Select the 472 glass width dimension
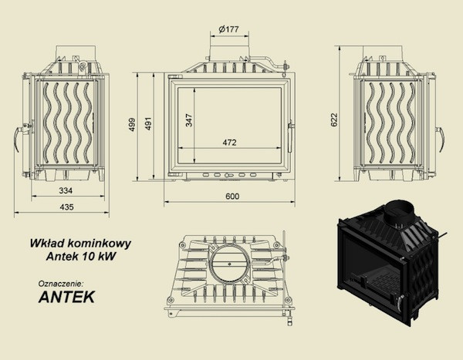tap(229, 142)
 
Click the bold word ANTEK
tap(66, 295)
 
